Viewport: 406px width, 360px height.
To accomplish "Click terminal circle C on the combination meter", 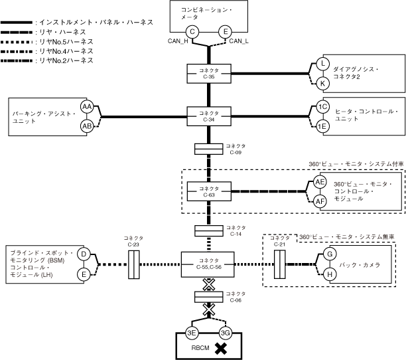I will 192,32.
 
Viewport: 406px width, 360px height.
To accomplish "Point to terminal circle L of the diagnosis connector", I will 322,64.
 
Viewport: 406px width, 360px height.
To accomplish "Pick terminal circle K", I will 322,83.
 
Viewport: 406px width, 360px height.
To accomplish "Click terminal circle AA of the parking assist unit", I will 86,107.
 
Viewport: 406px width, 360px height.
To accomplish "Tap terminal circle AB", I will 86,126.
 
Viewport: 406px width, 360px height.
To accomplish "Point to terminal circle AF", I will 320,201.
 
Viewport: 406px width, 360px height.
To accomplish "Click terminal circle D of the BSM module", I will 84,254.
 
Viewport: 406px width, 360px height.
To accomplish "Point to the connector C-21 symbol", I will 281,263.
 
